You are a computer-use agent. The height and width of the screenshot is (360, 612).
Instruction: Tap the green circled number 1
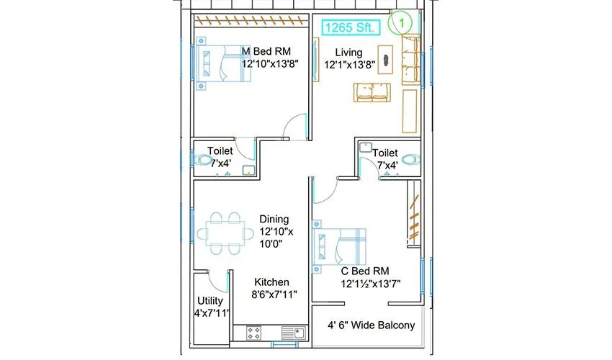click(400, 22)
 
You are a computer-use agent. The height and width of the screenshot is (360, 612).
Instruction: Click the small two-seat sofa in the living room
click(371, 93)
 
